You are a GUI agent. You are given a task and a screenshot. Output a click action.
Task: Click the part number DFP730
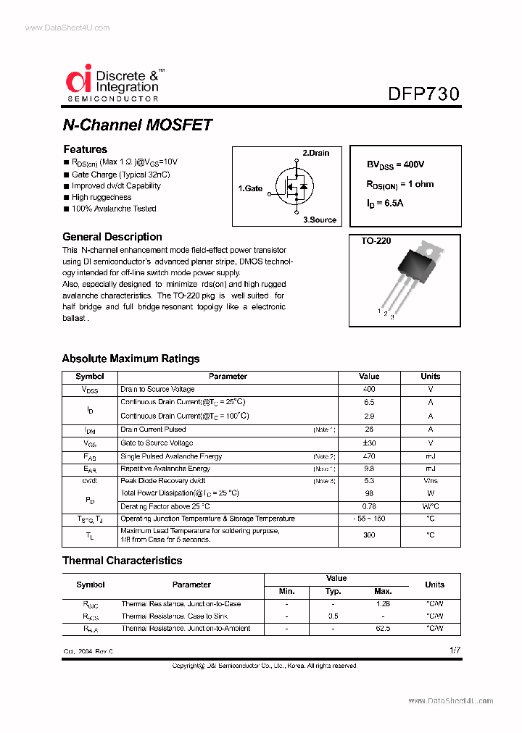tap(423, 93)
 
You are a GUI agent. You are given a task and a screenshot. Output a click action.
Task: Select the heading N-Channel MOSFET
tap(137, 125)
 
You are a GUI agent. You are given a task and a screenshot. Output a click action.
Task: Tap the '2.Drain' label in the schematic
tap(315, 153)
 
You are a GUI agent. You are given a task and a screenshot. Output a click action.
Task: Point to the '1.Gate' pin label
tap(250, 188)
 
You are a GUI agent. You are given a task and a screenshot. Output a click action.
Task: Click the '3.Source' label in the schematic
tap(320, 219)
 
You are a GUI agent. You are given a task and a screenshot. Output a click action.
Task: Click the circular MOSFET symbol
tap(294, 186)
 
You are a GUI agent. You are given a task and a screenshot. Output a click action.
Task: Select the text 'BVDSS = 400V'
tap(395, 165)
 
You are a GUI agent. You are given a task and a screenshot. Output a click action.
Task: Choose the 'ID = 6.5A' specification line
tap(385, 204)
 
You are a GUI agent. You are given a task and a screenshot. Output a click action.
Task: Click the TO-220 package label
tap(376, 240)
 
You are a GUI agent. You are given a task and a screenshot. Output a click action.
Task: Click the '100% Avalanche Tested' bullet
tap(114, 209)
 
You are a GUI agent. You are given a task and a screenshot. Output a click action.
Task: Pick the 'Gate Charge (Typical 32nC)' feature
tap(120, 175)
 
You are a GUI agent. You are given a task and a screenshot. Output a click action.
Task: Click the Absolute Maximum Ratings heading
tap(130, 359)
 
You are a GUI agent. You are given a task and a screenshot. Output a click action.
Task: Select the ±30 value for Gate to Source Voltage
tap(369, 443)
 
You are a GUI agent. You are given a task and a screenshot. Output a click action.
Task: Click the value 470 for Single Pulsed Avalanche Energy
tap(369, 456)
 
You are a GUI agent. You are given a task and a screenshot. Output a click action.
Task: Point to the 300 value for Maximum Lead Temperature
tap(369, 535)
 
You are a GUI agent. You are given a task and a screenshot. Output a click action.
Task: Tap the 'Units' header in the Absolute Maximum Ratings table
tap(430, 377)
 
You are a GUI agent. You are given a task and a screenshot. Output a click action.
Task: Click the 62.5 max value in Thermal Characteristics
tap(383, 629)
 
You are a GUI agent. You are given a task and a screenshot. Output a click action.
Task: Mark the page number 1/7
tap(455, 650)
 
